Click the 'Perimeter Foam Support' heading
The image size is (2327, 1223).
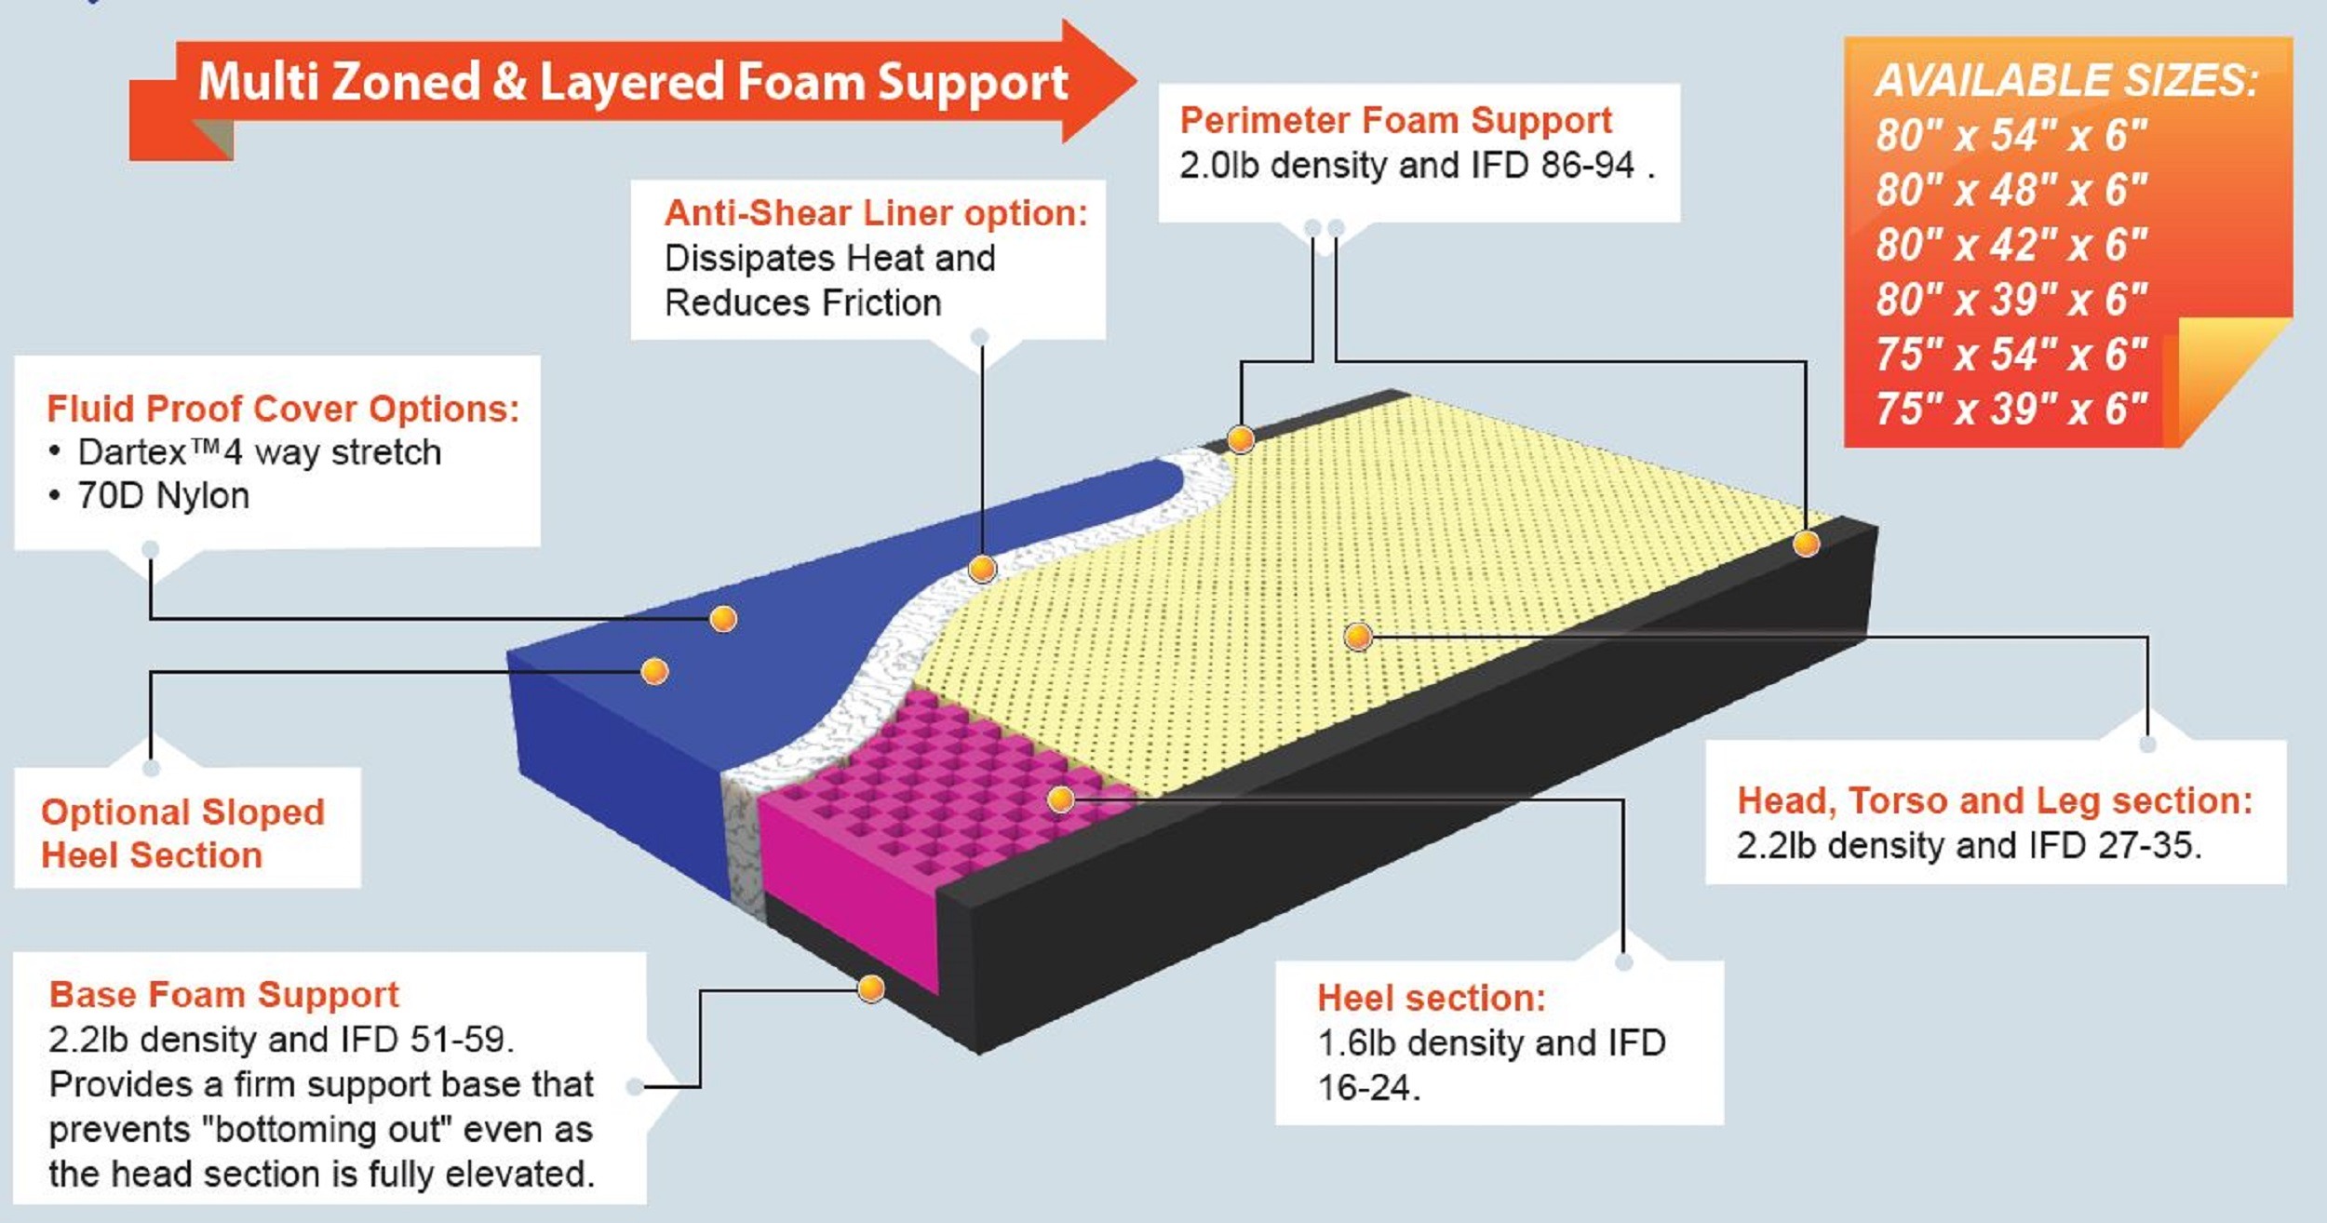coord(1395,121)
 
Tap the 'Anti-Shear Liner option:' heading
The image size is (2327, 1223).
coord(875,213)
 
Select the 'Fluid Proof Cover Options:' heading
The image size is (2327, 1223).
coord(283,409)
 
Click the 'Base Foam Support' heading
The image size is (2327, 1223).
coord(223,994)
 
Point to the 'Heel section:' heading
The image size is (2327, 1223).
coord(1431,998)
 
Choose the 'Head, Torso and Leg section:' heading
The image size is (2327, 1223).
coord(1995,800)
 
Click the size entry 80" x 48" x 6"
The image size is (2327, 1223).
coord(2011,190)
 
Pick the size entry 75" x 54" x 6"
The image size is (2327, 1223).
coord(2011,355)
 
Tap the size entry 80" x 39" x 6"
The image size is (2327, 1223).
coord(2011,300)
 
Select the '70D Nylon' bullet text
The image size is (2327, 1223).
coord(164,496)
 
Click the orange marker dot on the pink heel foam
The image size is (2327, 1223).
coord(1060,799)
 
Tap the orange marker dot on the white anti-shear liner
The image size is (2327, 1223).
coord(982,568)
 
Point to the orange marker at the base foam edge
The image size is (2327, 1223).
coord(870,988)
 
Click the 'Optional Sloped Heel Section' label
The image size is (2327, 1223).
coord(182,833)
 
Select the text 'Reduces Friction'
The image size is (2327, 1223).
coord(802,303)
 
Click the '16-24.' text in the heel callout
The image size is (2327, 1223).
coord(1368,1087)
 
